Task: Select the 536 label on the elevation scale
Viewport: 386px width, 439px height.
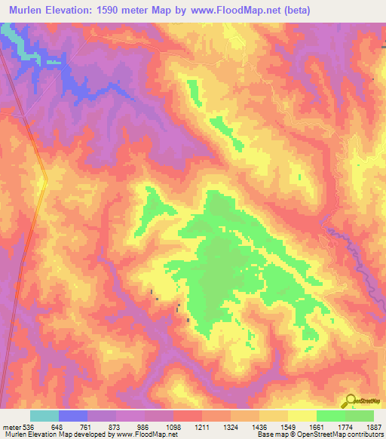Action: point(28,425)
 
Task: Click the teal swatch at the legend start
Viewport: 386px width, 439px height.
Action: point(44,416)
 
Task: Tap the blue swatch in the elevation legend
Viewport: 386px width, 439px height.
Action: point(73,416)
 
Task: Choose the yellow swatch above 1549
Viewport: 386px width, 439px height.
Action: point(273,416)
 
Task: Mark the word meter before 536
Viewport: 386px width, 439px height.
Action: point(11,425)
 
